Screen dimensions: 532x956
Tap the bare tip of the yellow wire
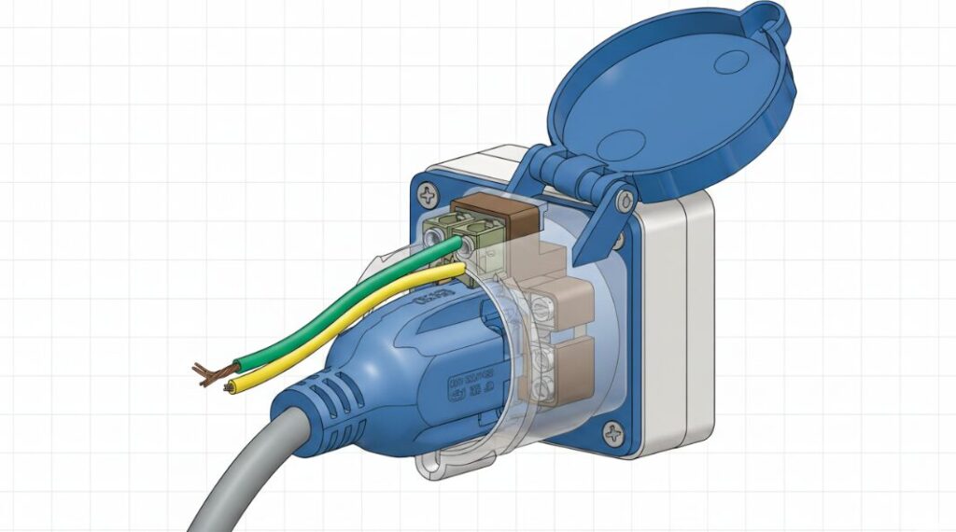coord(229,385)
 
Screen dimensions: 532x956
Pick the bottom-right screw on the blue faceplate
coord(613,433)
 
